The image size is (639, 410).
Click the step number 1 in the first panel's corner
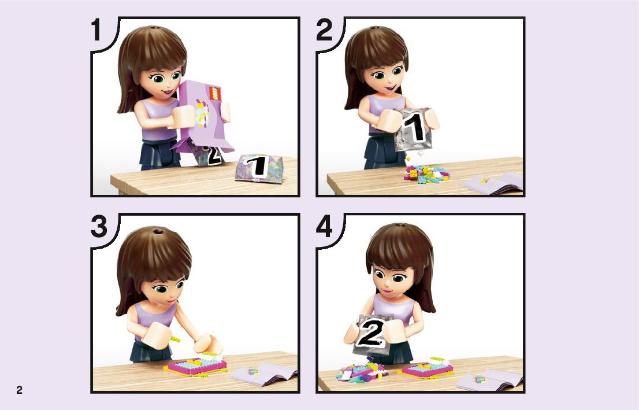click(96, 30)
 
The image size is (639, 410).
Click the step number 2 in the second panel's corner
click(324, 30)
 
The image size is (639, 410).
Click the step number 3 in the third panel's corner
click(99, 227)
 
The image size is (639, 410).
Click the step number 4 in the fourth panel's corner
click(324, 227)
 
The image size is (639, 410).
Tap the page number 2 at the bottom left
click(19, 390)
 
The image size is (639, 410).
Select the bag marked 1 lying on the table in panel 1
click(259, 168)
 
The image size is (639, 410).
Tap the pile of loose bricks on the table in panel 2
click(426, 174)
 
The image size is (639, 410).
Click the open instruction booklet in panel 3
click(263, 374)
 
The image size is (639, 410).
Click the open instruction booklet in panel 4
click(489, 381)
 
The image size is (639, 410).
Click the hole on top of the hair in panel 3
click(157, 232)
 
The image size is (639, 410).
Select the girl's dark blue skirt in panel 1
click(159, 154)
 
